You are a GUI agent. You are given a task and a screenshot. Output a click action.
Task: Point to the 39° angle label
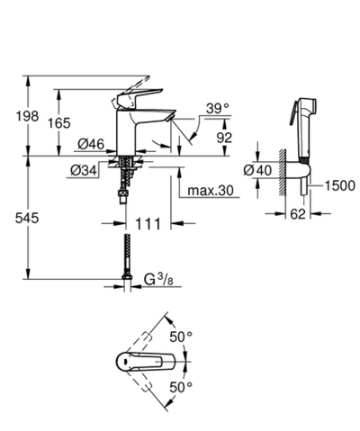click(x=216, y=108)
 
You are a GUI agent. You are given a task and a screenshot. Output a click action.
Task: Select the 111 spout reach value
click(x=149, y=220)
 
